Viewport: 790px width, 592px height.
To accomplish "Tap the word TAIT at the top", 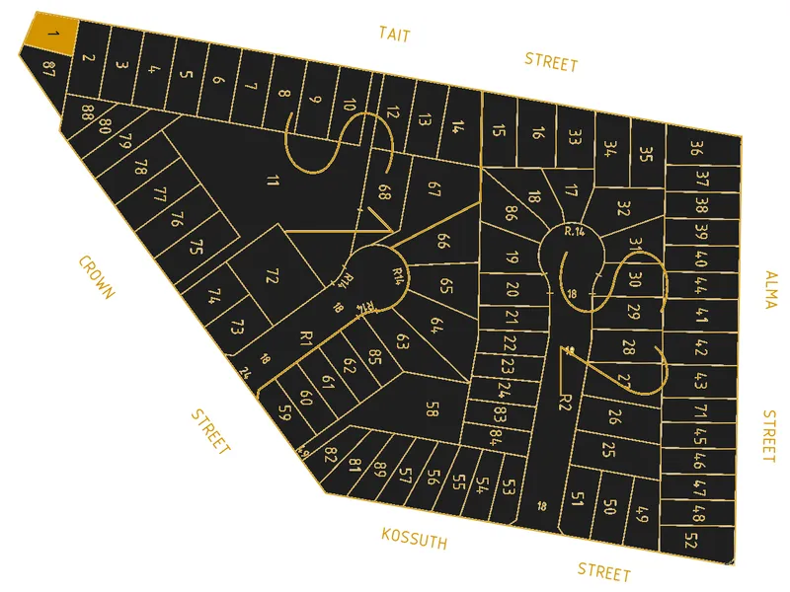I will (x=394, y=35).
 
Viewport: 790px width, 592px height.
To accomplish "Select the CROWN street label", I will (x=97, y=277).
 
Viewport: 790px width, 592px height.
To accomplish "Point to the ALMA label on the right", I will (x=770, y=289).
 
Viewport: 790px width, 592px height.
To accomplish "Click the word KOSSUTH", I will (x=414, y=539).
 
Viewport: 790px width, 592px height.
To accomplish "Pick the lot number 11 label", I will (x=273, y=180).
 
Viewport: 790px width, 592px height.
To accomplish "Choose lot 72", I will (x=273, y=276).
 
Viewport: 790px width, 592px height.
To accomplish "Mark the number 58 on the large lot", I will (x=432, y=408).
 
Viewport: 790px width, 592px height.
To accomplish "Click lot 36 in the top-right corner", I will (x=696, y=149).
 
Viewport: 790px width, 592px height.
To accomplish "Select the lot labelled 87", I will (x=49, y=67).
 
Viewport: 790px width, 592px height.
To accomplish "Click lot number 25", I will (x=608, y=450).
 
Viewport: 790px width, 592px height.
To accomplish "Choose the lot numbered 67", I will (x=434, y=189).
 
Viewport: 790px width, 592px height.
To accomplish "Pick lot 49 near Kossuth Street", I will (x=642, y=514).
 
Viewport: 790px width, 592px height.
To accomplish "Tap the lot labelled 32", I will (x=623, y=208).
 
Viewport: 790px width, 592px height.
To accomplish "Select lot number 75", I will (x=196, y=247).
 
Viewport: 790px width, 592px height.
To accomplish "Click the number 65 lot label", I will (x=445, y=286).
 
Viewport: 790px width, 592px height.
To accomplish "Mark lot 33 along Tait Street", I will (x=575, y=139).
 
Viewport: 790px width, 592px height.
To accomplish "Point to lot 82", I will (x=331, y=456).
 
